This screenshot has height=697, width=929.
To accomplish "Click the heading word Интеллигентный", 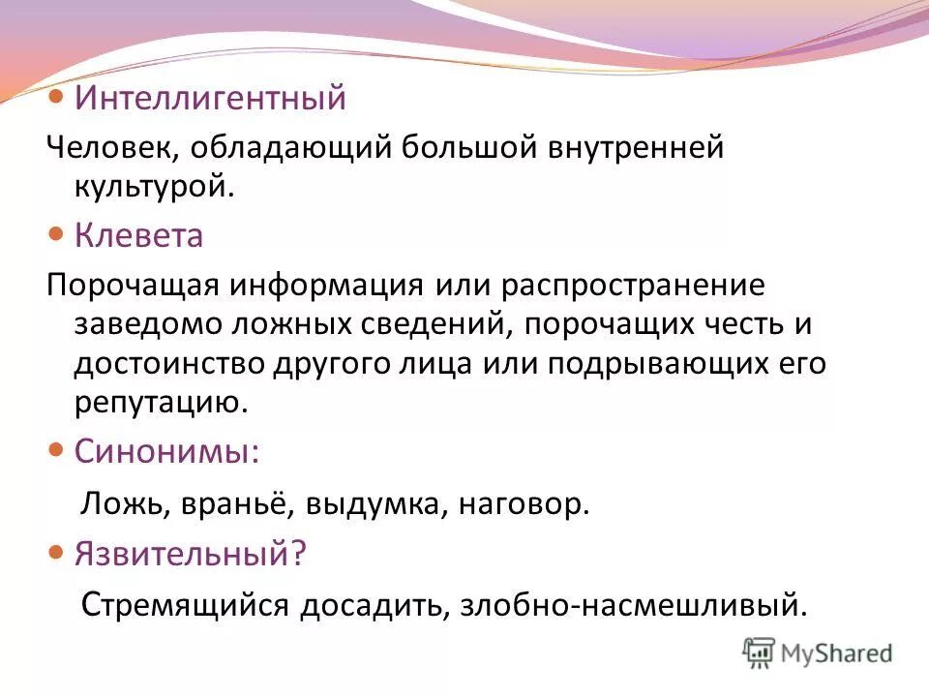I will tap(210, 98).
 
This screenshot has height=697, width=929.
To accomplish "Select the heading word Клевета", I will tap(139, 236).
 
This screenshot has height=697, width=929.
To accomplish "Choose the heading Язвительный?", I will tap(191, 554).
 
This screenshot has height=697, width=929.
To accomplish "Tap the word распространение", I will tap(634, 288).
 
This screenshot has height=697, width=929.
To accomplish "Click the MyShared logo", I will tap(818, 652).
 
